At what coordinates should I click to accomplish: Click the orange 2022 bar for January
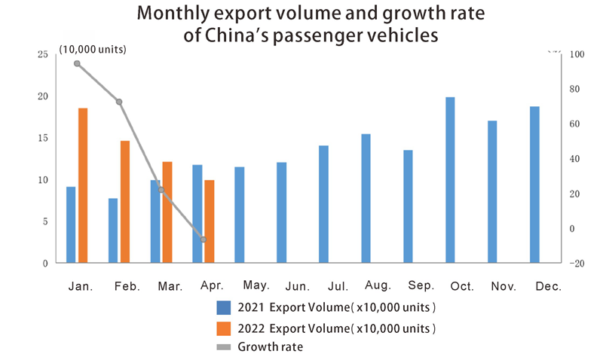83,185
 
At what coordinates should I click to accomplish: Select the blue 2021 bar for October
450,180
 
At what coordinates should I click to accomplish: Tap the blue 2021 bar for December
534,185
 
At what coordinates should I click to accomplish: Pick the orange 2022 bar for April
210,221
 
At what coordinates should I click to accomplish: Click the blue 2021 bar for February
113,230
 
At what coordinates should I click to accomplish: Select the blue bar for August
366,198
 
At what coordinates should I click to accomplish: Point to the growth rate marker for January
77,63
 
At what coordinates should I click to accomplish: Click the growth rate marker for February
119,102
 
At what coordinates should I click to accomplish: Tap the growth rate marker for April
204,239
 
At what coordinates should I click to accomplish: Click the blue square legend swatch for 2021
223,307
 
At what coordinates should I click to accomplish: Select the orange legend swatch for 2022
223,328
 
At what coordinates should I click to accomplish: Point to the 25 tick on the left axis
42,54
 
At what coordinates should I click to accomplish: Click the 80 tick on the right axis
574,89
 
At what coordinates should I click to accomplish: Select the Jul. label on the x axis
338,286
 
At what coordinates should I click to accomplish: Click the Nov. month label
503,286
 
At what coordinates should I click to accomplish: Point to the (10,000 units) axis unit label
92,50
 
